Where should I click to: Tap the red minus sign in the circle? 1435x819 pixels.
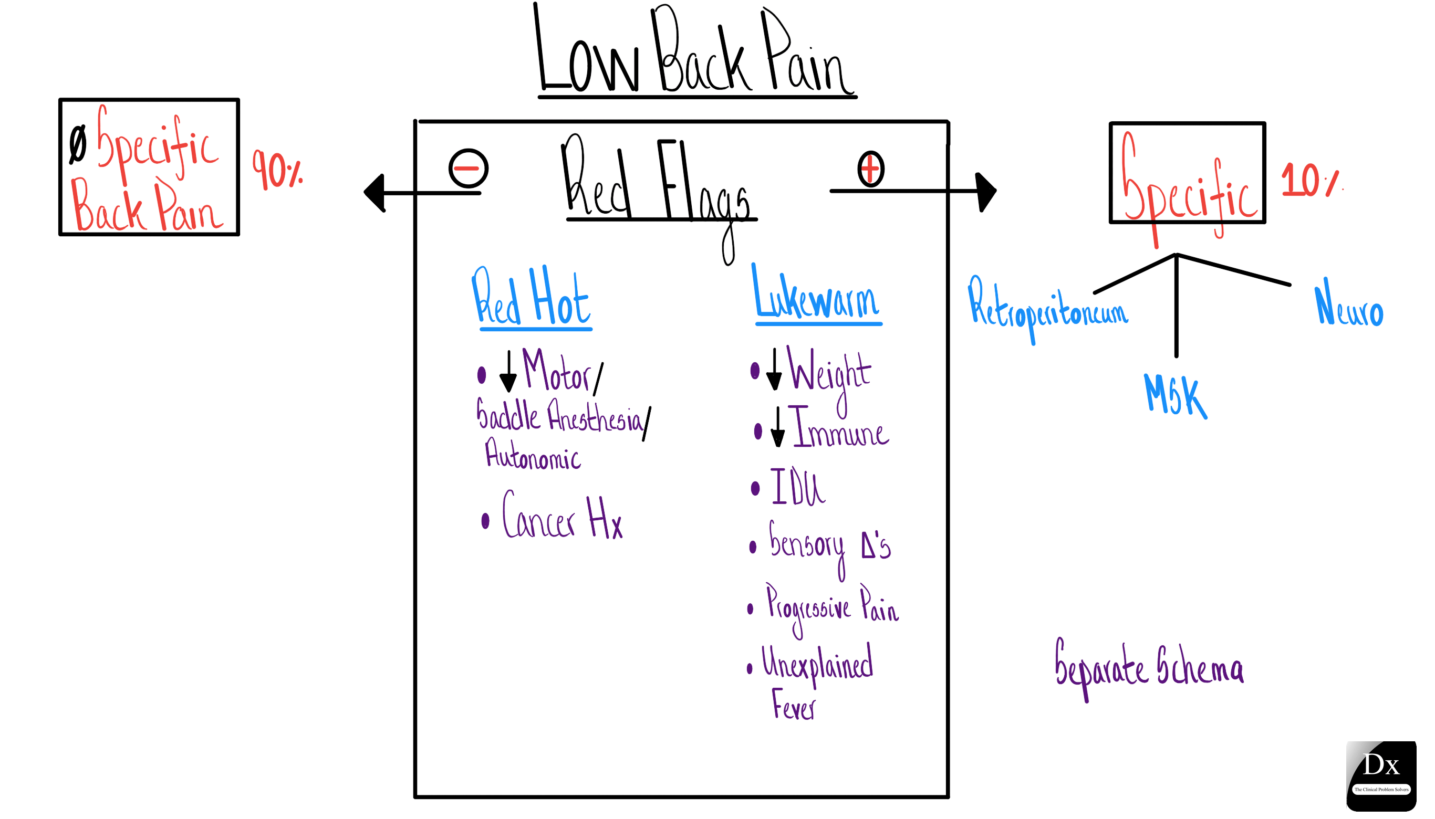468,167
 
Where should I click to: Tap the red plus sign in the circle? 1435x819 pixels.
870,168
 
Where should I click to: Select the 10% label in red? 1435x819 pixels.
1308,180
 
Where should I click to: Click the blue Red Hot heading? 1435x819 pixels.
532,298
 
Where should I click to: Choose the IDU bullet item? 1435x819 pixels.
796,487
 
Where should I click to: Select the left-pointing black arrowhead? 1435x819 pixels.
376,193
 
